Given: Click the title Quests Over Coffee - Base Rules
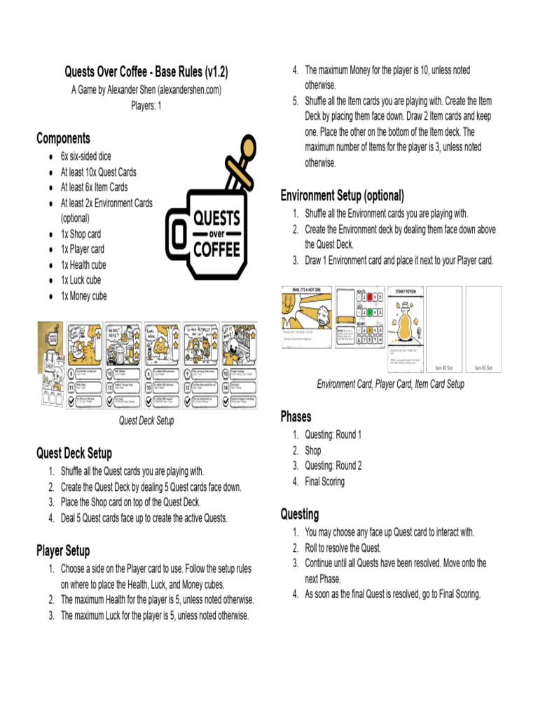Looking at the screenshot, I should pos(146,72).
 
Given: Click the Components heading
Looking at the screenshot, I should pos(63,139).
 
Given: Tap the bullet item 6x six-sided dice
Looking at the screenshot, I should pos(85,156).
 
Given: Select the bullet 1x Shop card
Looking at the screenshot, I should pos(81,234).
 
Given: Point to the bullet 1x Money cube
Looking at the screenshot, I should pos(83,296).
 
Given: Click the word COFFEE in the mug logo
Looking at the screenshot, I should pos(216,248).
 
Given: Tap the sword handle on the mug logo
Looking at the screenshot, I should pos(245,149).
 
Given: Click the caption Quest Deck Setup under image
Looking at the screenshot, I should pos(146,421).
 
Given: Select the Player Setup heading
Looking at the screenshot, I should pos(63,551).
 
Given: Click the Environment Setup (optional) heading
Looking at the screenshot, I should pos(342,195).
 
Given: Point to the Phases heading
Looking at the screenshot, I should pos(296,417).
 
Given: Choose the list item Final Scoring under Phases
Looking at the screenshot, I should pos(324,482).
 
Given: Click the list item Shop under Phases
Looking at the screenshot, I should pos(312,450).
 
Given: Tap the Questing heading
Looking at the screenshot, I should pos(299,515).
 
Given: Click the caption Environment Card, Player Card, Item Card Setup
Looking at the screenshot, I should pos(390,384).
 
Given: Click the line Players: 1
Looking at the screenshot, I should pos(146,106).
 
